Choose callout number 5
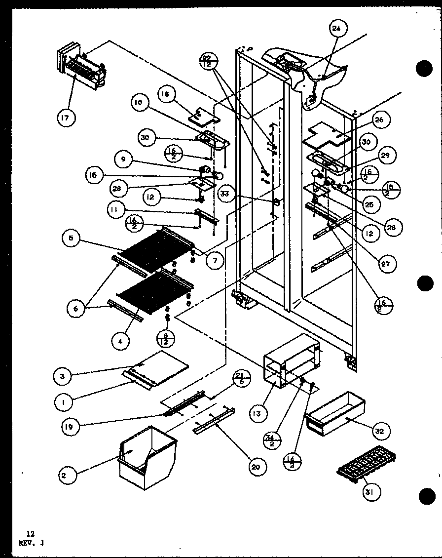(72, 239)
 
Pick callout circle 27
(385, 264)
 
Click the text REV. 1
(31, 542)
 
